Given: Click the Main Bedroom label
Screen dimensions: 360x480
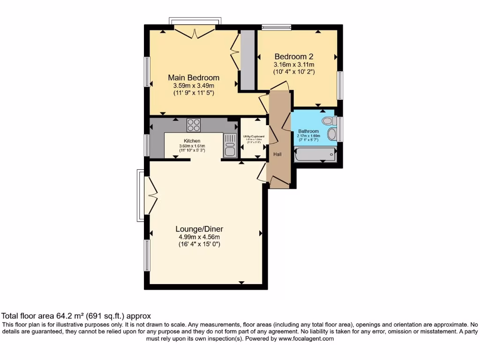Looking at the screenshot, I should [x=194, y=77].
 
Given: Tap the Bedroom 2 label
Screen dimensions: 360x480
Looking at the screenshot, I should [x=294, y=56].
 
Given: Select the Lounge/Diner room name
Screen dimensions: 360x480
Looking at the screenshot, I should [x=199, y=229].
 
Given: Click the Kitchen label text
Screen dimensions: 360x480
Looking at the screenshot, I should [x=192, y=141].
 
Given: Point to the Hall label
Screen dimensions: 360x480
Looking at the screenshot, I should [x=277, y=154].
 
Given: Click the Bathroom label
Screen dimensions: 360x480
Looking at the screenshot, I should [x=308, y=131].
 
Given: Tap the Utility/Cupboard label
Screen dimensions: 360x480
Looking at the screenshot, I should [x=253, y=136].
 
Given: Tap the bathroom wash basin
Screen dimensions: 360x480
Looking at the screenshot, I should [x=331, y=135].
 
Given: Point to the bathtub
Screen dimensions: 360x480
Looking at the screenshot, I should [x=315, y=154].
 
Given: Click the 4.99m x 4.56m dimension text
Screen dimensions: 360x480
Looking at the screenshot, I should [x=199, y=237].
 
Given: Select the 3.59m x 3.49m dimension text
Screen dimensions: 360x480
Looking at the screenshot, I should [x=194, y=86].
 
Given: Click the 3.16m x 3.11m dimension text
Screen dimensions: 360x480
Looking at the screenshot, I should [x=294, y=65].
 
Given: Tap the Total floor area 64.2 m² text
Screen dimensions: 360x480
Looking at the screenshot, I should [x=76, y=316].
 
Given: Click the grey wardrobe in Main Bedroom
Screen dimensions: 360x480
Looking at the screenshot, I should [x=247, y=60].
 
